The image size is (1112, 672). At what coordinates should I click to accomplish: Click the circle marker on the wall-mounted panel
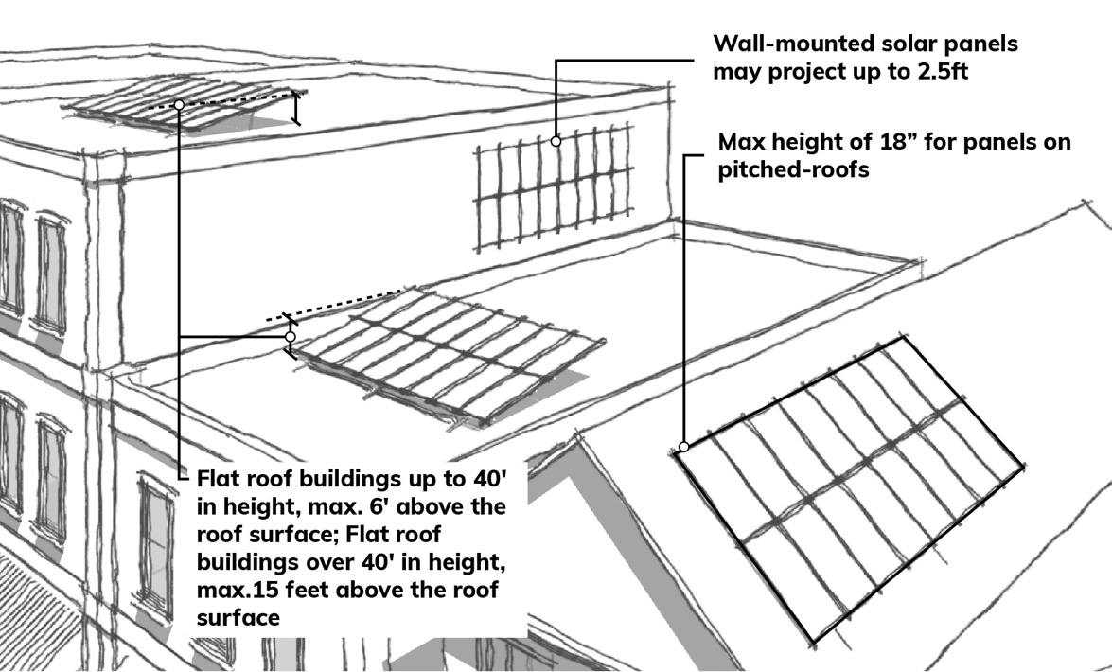pos(556,141)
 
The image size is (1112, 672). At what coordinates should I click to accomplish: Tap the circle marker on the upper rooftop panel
pos(178,104)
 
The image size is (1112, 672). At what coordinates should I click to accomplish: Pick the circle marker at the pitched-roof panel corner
pos(682,447)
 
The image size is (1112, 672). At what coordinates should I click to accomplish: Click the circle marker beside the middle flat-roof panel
pos(291,336)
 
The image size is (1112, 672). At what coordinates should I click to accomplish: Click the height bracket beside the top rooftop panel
pos(296,108)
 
